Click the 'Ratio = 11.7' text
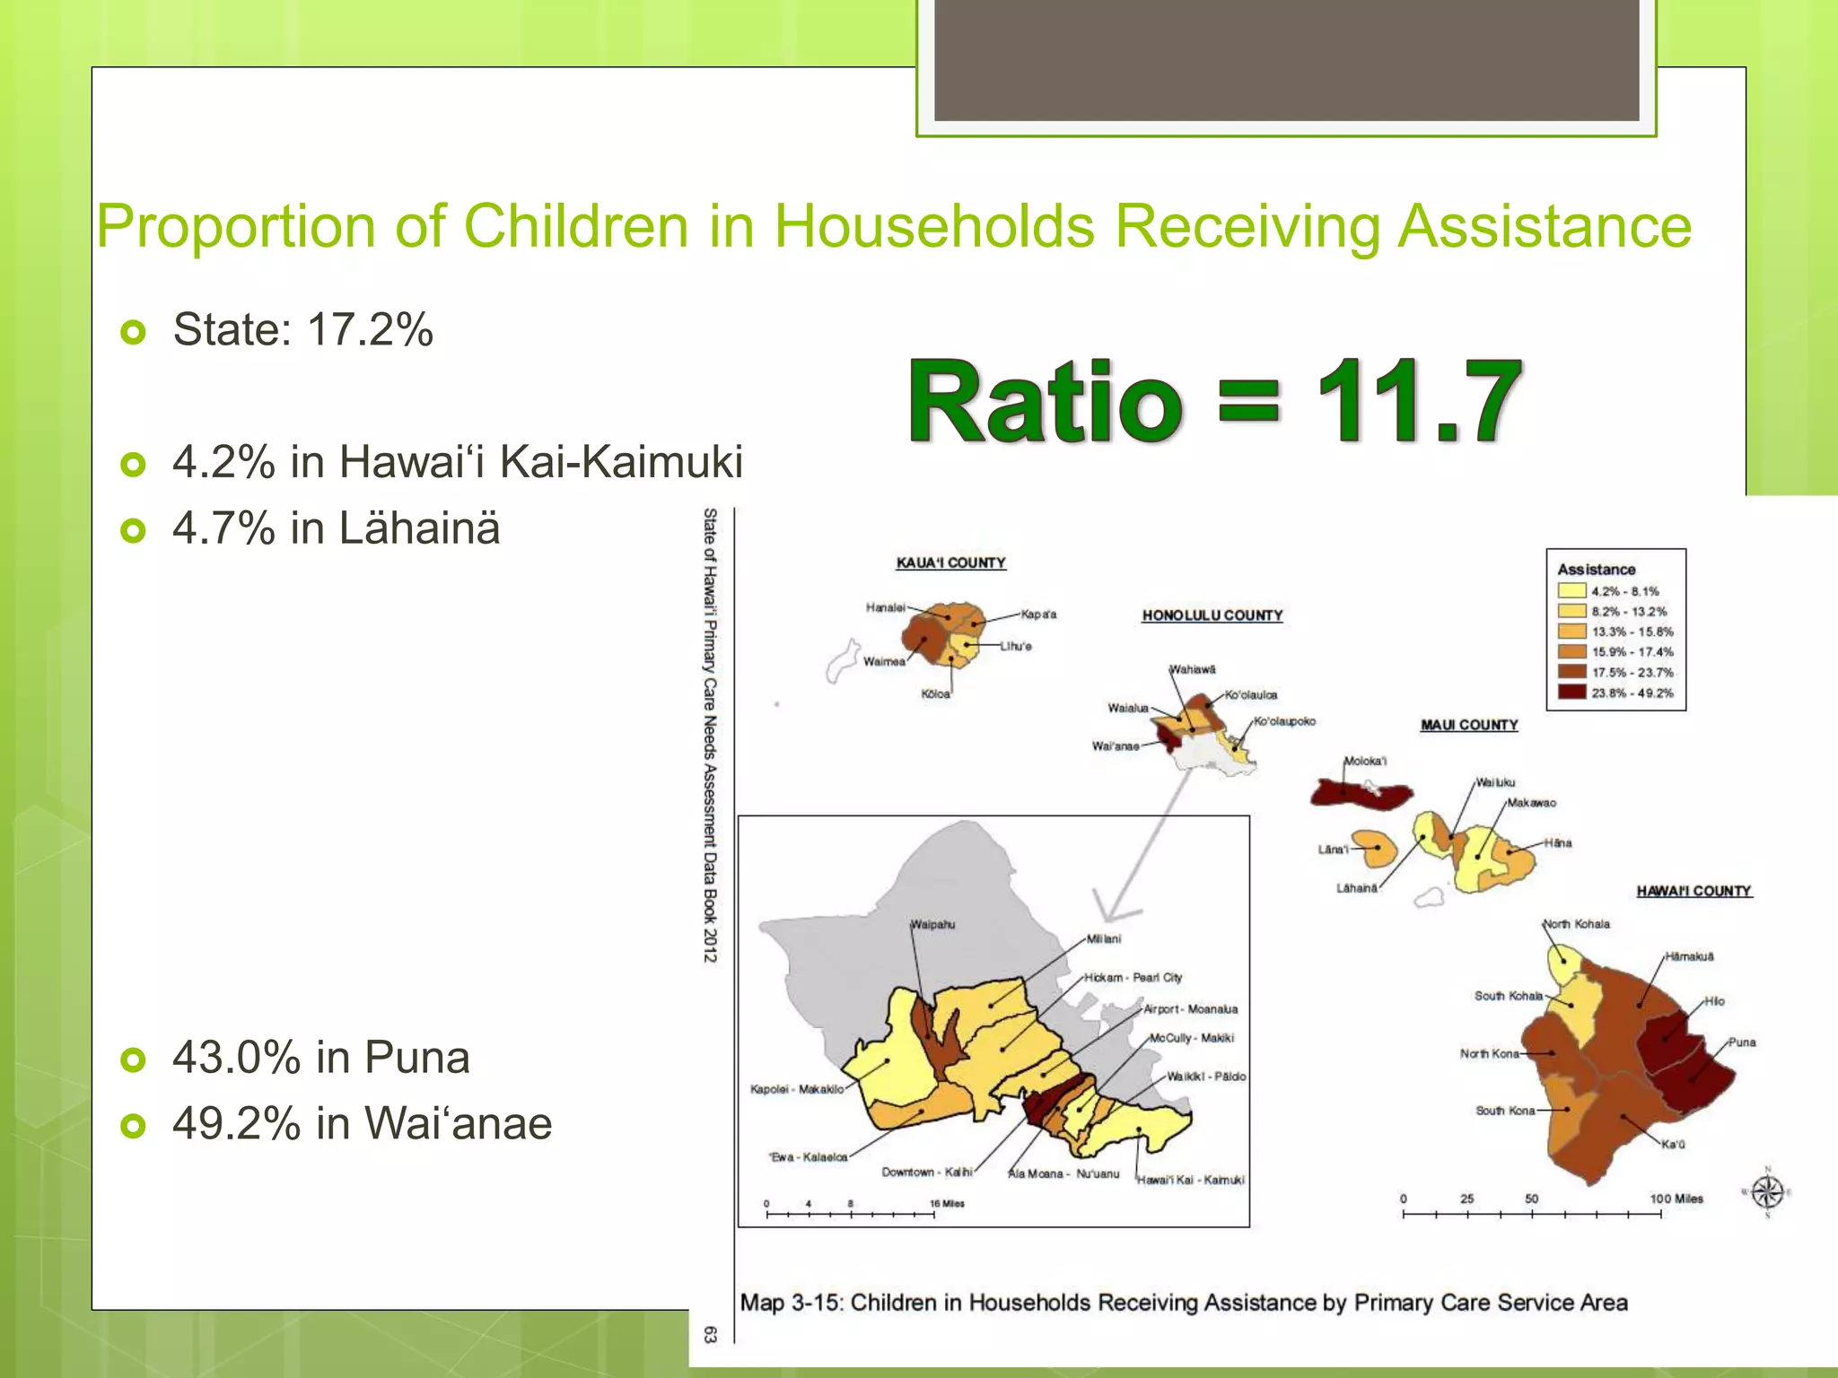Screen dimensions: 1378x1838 [1213, 401]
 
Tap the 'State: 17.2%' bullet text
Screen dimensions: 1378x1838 [302, 329]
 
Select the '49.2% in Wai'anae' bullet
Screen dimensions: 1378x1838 [362, 1123]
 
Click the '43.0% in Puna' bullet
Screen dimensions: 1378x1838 [320, 1058]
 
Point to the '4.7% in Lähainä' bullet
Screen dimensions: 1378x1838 [336, 528]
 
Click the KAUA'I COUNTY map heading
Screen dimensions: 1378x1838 [950, 563]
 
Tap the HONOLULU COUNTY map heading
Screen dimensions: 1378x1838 [1212, 615]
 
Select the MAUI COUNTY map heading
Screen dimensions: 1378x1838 [1468, 725]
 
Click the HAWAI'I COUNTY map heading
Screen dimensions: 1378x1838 [1694, 891]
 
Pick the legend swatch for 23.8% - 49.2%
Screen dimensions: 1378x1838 [1571, 692]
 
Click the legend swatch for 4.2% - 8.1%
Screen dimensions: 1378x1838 [1571, 590]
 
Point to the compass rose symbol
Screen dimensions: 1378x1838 [1767, 1192]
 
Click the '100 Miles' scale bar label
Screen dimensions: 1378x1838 [1676, 1199]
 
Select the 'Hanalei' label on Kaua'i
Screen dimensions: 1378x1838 [885, 607]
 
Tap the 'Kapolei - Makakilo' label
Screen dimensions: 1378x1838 [796, 1089]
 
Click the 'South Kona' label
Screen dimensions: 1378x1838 [1504, 1111]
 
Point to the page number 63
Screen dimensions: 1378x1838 [710, 1334]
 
